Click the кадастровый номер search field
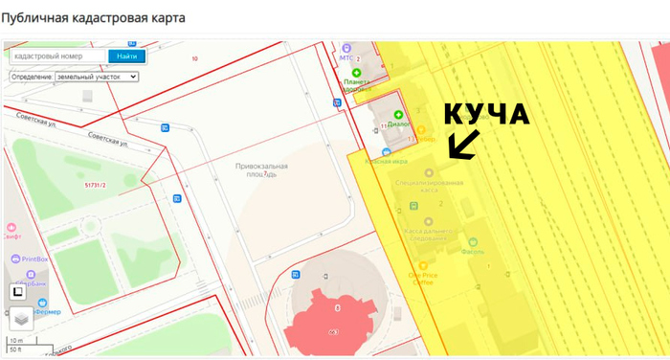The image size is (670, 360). tap(56, 56)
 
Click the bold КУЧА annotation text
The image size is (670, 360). tap(486, 115)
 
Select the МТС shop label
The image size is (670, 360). tap(346, 57)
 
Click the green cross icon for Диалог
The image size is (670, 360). tap(399, 115)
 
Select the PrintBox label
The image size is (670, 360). tap(35, 259)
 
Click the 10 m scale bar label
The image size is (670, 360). tap(15, 341)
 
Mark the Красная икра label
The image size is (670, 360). tap(386, 161)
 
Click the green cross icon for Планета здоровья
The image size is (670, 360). tap(357, 73)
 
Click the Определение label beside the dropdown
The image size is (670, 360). tap(32, 77)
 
